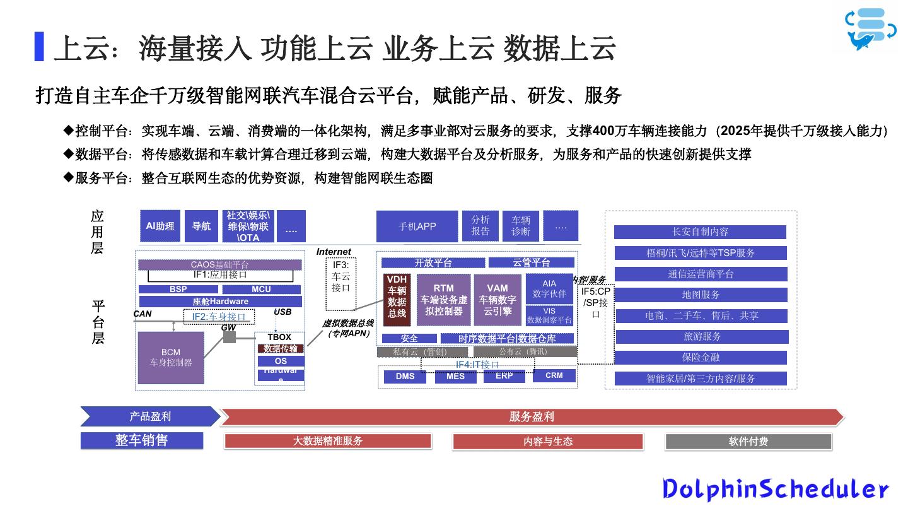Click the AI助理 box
coord(160,226)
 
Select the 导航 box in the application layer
coord(201,226)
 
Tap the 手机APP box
coord(417,226)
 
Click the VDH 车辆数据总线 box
coord(397,300)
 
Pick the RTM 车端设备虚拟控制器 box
coord(443,300)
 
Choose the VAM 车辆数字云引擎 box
coord(498,300)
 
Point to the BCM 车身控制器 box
coord(170,358)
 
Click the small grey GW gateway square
coord(230,338)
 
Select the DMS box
coord(405,377)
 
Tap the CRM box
coord(554,375)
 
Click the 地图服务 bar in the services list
coord(701,295)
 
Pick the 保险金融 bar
coord(701,358)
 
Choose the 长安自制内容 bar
coord(700,232)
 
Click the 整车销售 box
coord(142,440)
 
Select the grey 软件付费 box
coord(748,442)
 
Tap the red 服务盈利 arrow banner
coord(531,417)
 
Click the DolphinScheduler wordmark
coord(776,489)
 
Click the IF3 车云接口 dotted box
coord(340,283)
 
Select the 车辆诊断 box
coord(521,226)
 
